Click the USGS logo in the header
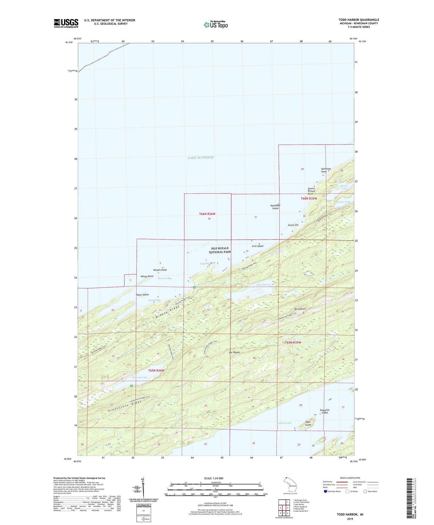click(66, 23)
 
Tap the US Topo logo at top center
click(216, 25)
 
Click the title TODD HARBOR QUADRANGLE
click(359, 20)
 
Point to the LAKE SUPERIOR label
click(201, 158)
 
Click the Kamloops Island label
click(275, 207)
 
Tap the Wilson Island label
click(160, 270)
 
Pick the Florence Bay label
click(165, 278)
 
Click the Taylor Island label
click(142, 295)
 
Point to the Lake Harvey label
click(263, 285)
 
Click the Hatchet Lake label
click(140, 377)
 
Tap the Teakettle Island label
click(325, 411)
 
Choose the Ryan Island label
click(308, 423)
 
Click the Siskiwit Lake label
click(284, 423)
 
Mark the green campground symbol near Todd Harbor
click(194, 287)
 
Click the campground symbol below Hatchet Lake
click(131, 386)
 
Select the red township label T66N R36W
click(207, 214)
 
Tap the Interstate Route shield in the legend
click(325, 491)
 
